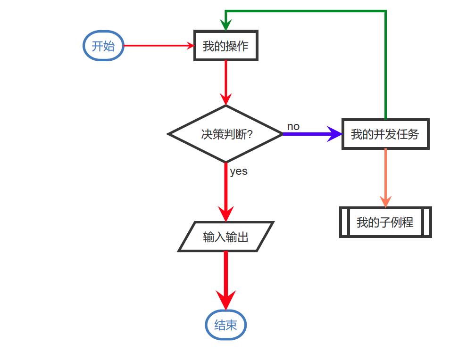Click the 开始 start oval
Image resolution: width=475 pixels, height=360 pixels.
(103, 46)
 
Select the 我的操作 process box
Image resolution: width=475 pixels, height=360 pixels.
(226, 46)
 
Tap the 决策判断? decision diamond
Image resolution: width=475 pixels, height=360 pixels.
(225, 134)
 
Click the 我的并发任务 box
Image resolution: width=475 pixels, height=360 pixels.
(385, 134)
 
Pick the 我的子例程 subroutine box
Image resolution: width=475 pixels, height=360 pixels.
(385, 222)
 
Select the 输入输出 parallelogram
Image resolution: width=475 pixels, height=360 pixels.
(225, 237)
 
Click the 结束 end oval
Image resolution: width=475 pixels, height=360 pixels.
(225, 325)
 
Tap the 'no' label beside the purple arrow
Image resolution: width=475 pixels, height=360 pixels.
(293, 126)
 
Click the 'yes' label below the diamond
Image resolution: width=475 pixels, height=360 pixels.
(239, 172)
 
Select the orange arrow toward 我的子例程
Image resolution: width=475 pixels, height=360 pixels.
(385, 177)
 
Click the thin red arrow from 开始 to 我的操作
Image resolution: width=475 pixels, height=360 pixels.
(158, 46)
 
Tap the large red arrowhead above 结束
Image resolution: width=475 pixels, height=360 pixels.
(225, 299)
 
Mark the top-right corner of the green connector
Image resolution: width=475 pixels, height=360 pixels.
(385, 11)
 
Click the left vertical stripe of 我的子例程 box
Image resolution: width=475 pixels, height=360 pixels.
(345, 222)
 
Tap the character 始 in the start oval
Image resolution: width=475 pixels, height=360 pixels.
(109, 46)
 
